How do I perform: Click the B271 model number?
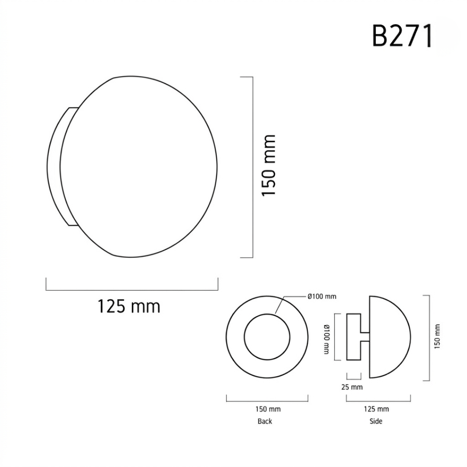(x=402, y=36)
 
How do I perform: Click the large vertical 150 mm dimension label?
(x=269, y=165)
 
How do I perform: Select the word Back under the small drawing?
(x=265, y=421)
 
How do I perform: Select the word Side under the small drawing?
(x=376, y=421)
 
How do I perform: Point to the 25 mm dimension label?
(x=352, y=387)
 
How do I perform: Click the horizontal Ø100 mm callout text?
(x=322, y=296)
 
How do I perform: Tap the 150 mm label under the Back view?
(x=268, y=409)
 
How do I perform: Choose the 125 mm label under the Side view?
(x=377, y=409)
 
